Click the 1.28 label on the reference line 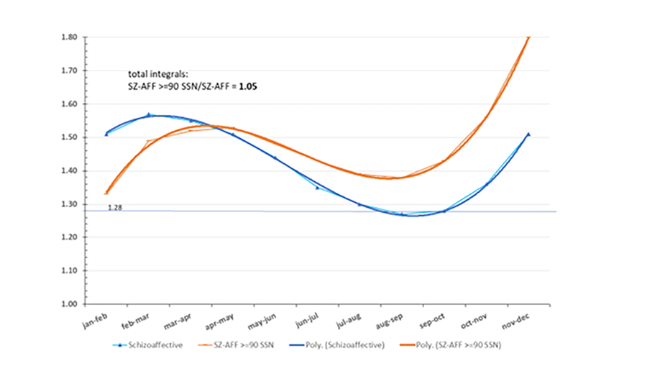(114, 207)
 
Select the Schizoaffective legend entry (150, 345)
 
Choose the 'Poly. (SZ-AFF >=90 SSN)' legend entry (458, 345)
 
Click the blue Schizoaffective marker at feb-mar (149, 114)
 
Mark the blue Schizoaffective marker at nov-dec (528, 134)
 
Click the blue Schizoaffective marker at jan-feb (106, 134)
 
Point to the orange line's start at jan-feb (106, 193)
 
